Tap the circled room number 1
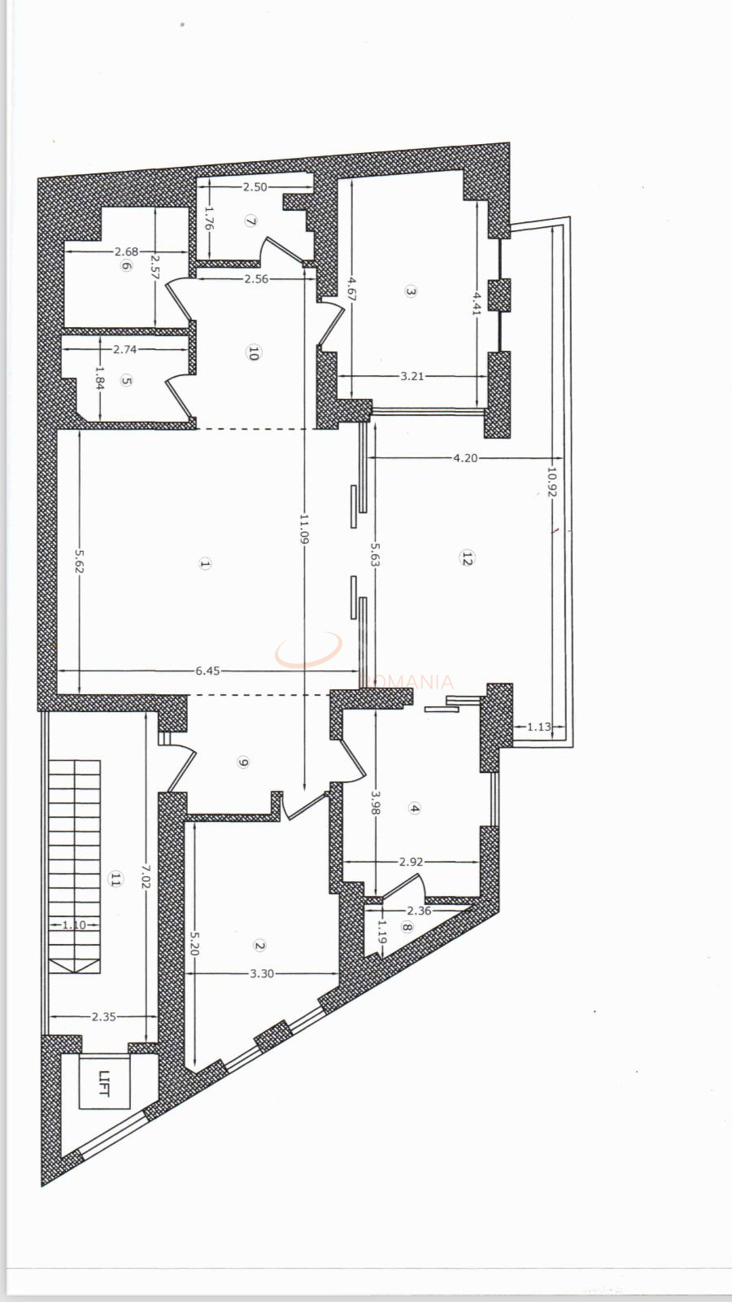(205, 563)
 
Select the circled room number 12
(467, 558)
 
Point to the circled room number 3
(411, 291)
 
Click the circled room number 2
(259, 946)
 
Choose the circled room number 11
(115, 879)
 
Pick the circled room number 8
(407, 927)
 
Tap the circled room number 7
(251, 221)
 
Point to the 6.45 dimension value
(207, 671)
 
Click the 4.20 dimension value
(465, 458)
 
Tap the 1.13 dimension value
(538, 727)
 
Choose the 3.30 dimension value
(262, 973)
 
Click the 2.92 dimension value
(412, 862)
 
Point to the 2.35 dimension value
(103, 1016)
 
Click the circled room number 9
(243, 762)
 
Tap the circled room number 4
(415, 808)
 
